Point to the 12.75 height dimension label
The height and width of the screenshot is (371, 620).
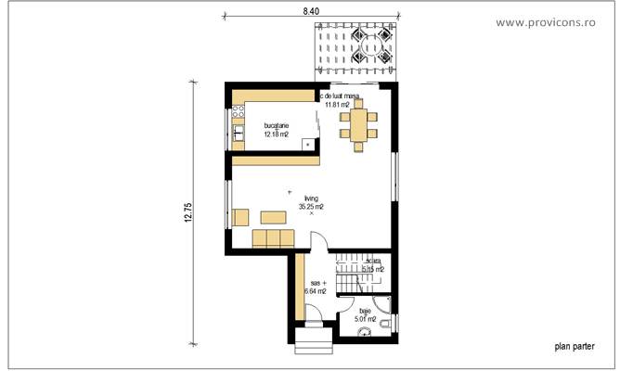(187, 212)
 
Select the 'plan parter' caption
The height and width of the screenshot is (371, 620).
(575, 346)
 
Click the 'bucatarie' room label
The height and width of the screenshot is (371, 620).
(276, 125)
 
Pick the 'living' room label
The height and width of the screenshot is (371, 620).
(311, 198)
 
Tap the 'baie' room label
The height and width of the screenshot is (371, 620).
(365, 312)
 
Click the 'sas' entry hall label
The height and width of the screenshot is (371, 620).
(315, 281)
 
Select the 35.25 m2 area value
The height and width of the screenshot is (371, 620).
(311, 207)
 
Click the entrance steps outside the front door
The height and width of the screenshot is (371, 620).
(314, 348)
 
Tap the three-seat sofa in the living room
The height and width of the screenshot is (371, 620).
(273, 239)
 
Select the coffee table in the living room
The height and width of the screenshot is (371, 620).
(273, 217)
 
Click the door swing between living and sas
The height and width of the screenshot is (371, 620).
(316, 244)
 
